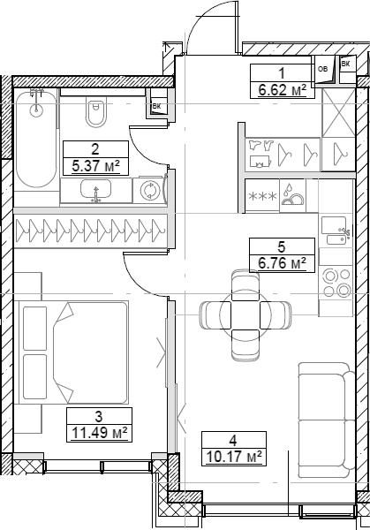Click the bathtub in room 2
[35, 137]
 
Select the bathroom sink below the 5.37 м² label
[96, 191]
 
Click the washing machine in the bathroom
[151, 190]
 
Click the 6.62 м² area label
[283, 88]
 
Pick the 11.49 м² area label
[99, 431]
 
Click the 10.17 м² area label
[233, 457]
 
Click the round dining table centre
[245, 314]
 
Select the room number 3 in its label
[99, 415]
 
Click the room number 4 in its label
[233, 440]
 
